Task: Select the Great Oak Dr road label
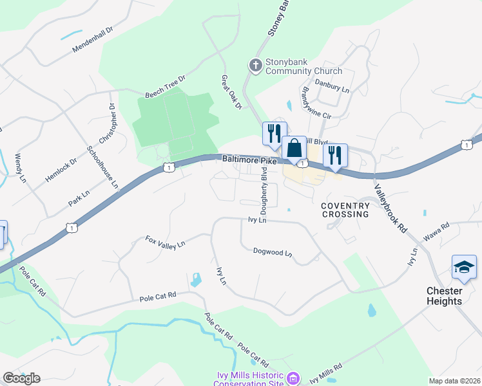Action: tap(230, 91)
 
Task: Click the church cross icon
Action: tap(255, 65)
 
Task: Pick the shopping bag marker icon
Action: tap(294, 148)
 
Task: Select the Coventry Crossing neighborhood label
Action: tap(345, 210)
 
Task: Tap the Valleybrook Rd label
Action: tap(391, 208)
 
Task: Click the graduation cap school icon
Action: tap(464, 267)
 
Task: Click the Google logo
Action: tap(21, 378)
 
